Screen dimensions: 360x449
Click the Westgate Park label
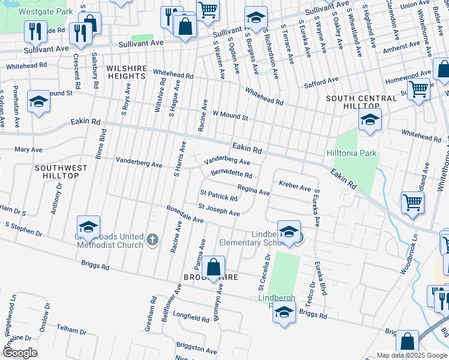(46, 11)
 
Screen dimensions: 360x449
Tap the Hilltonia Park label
(352, 153)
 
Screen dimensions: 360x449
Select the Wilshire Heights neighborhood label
(127, 73)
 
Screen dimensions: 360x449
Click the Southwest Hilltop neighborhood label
(56, 172)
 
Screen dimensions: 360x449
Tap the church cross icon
(152, 241)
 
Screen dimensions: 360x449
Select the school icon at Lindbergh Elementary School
(289, 232)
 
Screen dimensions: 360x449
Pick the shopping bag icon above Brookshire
(213, 268)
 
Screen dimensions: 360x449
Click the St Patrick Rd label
(219, 196)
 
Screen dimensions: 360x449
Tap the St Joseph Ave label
(218, 210)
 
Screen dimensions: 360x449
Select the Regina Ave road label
(253, 190)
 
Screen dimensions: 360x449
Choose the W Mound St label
(230, 115)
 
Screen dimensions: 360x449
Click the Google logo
(20, 352)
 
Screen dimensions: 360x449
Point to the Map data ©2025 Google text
(411, 355)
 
